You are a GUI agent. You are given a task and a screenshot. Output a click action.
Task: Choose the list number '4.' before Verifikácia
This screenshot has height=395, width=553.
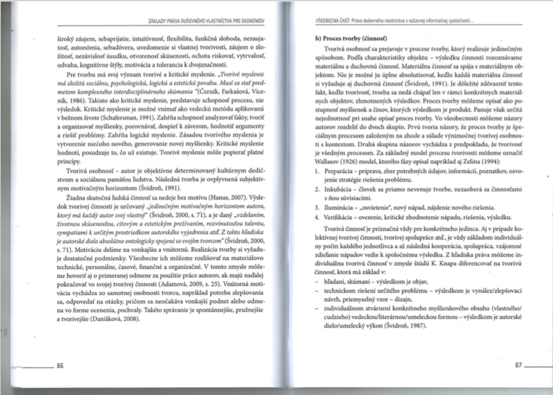[x=317, y=217]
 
